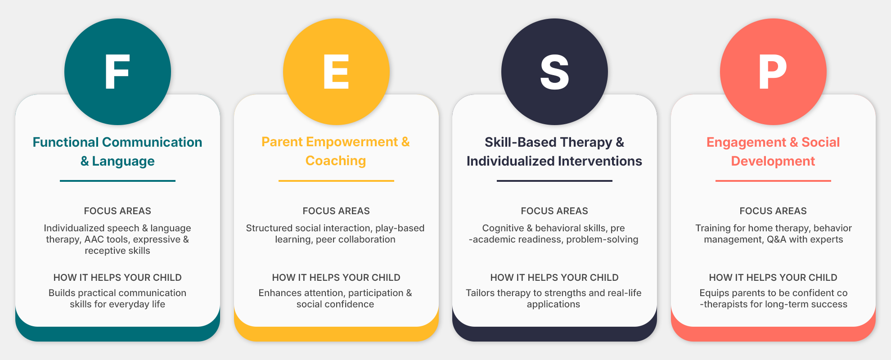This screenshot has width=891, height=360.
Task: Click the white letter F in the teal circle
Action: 117,72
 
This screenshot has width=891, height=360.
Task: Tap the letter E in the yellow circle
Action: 336,72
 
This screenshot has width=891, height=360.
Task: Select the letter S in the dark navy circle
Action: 554,72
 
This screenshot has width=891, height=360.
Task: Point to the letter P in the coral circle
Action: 773,72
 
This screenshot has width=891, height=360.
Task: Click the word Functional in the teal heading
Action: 66,142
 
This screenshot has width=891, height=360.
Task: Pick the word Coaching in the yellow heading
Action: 336,161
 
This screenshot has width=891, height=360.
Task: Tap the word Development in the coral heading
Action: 773,161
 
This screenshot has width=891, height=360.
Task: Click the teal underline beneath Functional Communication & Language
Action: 117,181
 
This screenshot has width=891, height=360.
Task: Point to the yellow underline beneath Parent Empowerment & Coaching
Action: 336,181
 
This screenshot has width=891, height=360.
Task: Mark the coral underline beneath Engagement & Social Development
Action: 773,181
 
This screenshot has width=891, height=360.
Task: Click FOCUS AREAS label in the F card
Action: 117,211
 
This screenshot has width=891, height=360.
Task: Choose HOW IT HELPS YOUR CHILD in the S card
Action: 554,278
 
